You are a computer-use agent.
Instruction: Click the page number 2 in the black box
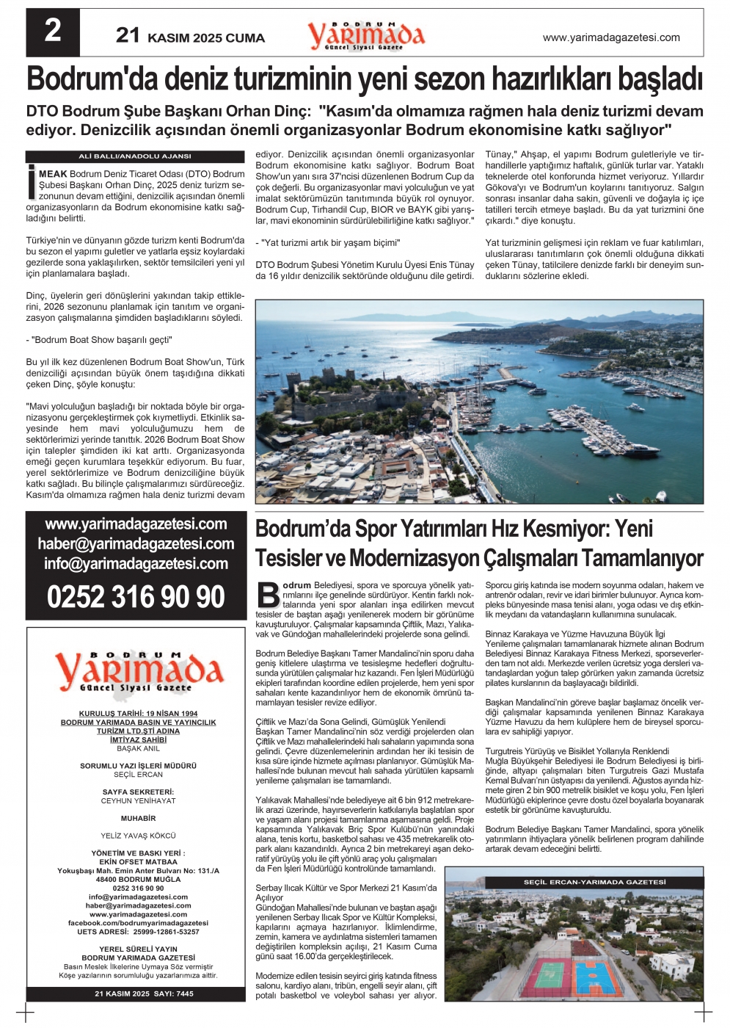[x=53, y=32]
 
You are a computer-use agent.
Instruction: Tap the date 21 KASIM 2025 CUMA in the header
[x=190, y=37]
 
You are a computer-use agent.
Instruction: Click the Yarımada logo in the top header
[x=366, y=35]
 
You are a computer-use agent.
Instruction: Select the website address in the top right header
[x=610, y=37]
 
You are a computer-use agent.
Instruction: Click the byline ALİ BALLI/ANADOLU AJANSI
[x=135, y=156]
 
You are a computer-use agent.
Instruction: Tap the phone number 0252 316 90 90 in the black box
[x=136, y=596]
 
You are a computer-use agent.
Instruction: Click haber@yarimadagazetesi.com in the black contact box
[x=136, y=544]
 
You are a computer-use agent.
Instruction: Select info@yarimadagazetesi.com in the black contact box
[x=136, y=564]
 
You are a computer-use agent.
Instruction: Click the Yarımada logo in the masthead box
[x=139, y=670]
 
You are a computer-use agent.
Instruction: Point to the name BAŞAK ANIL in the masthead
[x=138, y=749]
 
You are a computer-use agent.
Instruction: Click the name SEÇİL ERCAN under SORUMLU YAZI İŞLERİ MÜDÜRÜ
[x=138, y=775]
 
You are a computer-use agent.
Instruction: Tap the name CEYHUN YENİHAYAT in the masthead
[x=138, y=801]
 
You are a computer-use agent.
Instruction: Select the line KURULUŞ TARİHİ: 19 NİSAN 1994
[x=138, y=714]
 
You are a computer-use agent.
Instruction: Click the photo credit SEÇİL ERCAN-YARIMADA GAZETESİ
[x=594, y=882]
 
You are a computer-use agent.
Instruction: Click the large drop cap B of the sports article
[x=269, y=594]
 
